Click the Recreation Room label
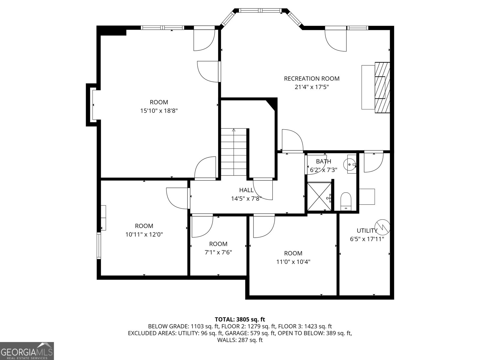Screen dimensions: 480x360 [312, 79]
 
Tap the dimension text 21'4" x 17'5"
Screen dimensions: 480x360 [312, 87]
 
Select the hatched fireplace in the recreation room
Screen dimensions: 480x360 [382, 87]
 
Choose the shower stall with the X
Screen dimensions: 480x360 [319, 196]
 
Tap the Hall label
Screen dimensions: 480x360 [247, 190]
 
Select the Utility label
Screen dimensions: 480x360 [367, 231]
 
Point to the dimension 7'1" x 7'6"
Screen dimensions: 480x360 [218, 252]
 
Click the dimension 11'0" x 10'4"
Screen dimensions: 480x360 [293, 262]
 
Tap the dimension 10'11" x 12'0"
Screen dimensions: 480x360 [144, 234]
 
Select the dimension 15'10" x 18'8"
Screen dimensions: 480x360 [159, 111]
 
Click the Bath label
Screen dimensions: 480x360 [324, 161]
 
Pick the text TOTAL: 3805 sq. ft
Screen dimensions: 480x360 [240, 319]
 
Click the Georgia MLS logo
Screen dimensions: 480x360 [27, 351]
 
